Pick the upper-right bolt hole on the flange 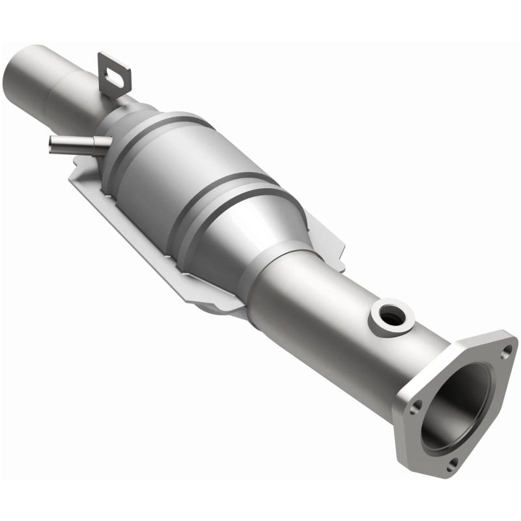[x=506, y=352]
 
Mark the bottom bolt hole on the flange [x=454, y=462]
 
